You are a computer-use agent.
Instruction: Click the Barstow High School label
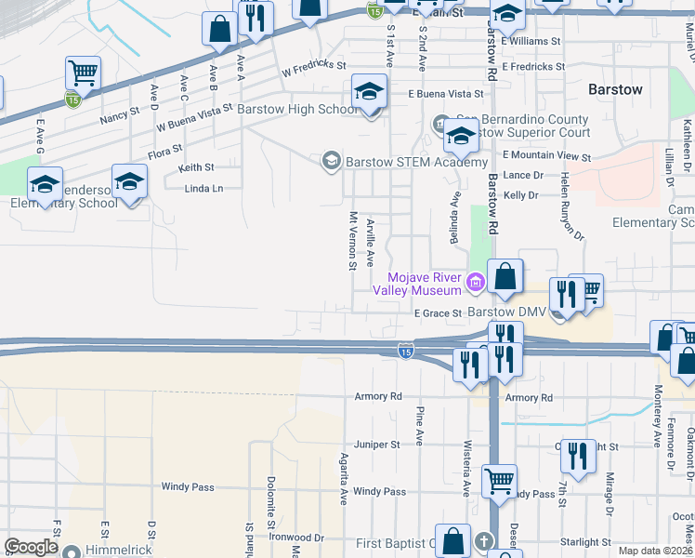point(297,109)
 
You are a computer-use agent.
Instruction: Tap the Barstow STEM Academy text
point(403,161)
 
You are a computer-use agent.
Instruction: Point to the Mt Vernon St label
point(353,241)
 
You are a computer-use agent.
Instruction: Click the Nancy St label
point(119,120)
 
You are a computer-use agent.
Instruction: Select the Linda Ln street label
point(205,188)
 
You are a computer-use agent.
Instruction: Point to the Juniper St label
point(376,445)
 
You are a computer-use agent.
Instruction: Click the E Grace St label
point(438,313)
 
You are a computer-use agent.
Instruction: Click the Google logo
point(31,547)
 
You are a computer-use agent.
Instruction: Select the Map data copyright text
point(656,551)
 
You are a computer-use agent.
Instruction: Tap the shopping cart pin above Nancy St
point(83,73)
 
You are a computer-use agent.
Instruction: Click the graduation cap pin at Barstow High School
point(369,94)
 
